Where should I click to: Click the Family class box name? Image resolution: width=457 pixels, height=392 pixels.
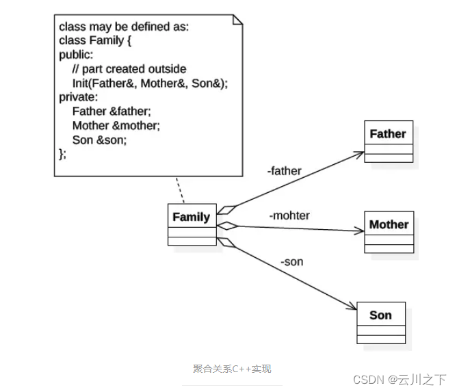pyautogui.click(x=192, y=217)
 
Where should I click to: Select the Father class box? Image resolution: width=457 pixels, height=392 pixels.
pyautogui.click(x=388, y=142)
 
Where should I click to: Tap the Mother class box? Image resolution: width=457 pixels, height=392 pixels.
pyautogui.click(x=389, y=232)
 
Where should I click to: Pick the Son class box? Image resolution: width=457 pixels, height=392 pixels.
pyautogui.click(x=381, y=322)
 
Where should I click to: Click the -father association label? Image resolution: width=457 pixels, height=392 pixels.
pyautogui.click(x=284, y=171)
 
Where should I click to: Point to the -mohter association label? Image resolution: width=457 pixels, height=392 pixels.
pyautogui.click(x=289, y=215)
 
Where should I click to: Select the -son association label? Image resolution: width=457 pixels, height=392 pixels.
pyautogui.click(x=291, y=261)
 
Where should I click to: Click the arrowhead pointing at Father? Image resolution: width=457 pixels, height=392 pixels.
pyautogui.click(x=360, y=153)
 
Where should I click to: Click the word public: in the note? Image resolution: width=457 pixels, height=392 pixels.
pyautogui.click(x=76, y=55)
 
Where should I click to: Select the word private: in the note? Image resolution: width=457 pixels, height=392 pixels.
pyautogui.click(x=79, y=97)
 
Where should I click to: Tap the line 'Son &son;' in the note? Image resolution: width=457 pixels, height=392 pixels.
pyautogui.click(x=99, y=140)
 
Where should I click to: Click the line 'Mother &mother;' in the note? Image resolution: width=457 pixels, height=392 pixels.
pyautogui.click(x=116, y=125)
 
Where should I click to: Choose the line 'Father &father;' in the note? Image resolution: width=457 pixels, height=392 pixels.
pyautogui.click(x=112, y=112)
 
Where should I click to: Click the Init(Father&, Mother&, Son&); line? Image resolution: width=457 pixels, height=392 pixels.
pyautogui.click(x=150, y=83)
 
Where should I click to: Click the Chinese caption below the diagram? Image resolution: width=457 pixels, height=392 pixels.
pyautogui.click(x=232, y=369)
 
